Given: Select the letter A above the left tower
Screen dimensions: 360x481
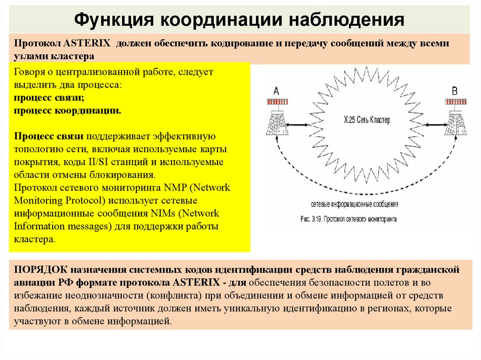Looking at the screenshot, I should [x=276, y=91].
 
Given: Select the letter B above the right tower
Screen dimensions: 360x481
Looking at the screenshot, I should [x=454, y=91].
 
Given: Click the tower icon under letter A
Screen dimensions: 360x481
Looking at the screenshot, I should [x=276, y=123].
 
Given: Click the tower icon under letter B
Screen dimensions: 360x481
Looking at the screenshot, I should [x=454, y=123].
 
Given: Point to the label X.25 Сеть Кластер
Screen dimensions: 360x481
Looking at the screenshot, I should [x=367, y=121].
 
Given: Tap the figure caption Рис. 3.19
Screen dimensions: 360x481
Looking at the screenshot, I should [x=348, y=219].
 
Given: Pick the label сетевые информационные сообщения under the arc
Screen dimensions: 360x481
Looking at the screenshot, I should [x=355, y=205].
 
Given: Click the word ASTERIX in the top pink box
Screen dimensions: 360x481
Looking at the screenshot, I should [x=87, y=44].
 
